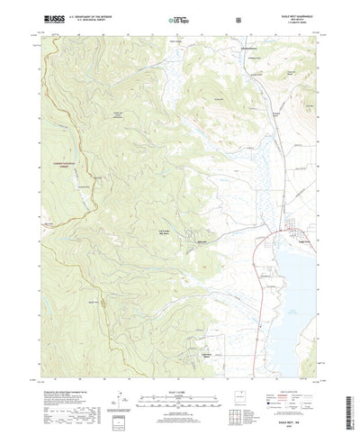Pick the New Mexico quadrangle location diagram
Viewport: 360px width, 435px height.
coord(255,377)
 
